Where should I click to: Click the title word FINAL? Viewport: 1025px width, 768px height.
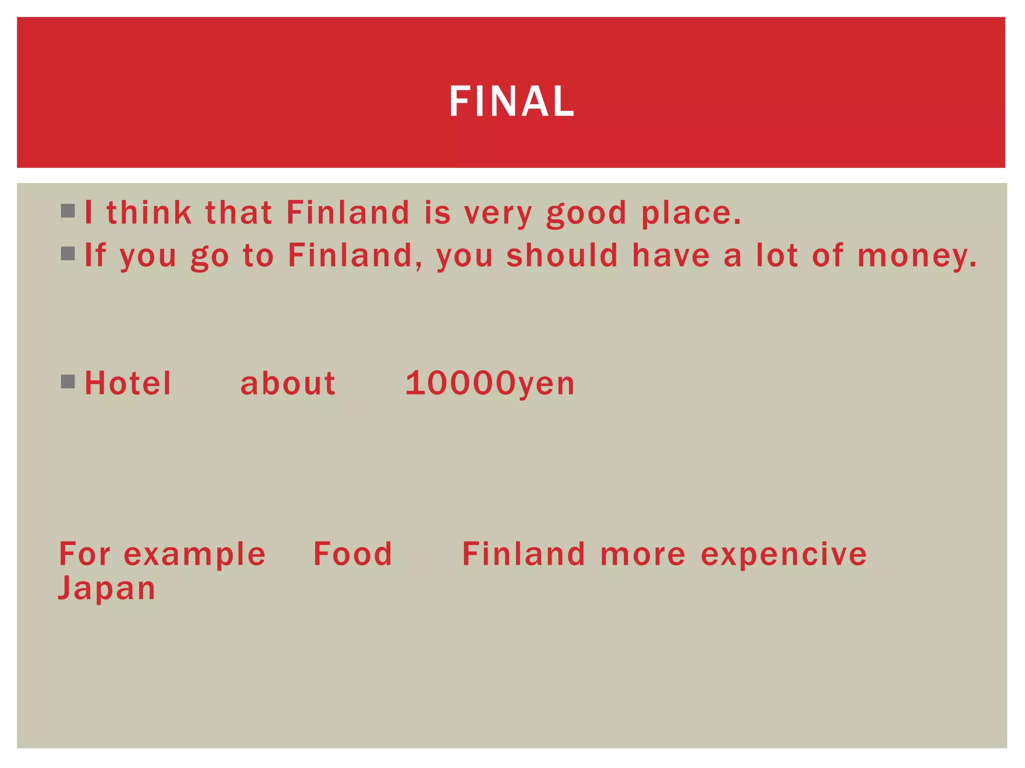click(511, 101)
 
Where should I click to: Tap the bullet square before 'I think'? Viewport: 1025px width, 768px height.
click(68, 211)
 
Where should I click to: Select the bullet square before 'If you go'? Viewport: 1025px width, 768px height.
click(68, 253)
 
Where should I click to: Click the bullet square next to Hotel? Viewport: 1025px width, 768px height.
click(68, 382)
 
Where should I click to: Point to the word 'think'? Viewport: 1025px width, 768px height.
click(149, 212)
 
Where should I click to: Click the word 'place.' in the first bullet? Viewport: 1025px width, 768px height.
click(691, 213)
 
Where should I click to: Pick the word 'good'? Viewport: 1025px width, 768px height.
click(586, 213)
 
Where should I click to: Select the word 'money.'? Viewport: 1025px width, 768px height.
click(917, 256)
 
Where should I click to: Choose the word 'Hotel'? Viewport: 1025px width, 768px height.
click(128, 383)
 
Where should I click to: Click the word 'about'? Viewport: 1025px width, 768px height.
click(288, 383)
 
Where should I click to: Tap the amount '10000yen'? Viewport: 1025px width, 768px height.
click(490, 383)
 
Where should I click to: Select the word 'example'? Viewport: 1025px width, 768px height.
click(195, 555)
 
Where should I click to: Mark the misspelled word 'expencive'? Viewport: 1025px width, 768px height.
click(784, 555)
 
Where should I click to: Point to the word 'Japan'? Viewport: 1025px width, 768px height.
click(107, 588)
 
